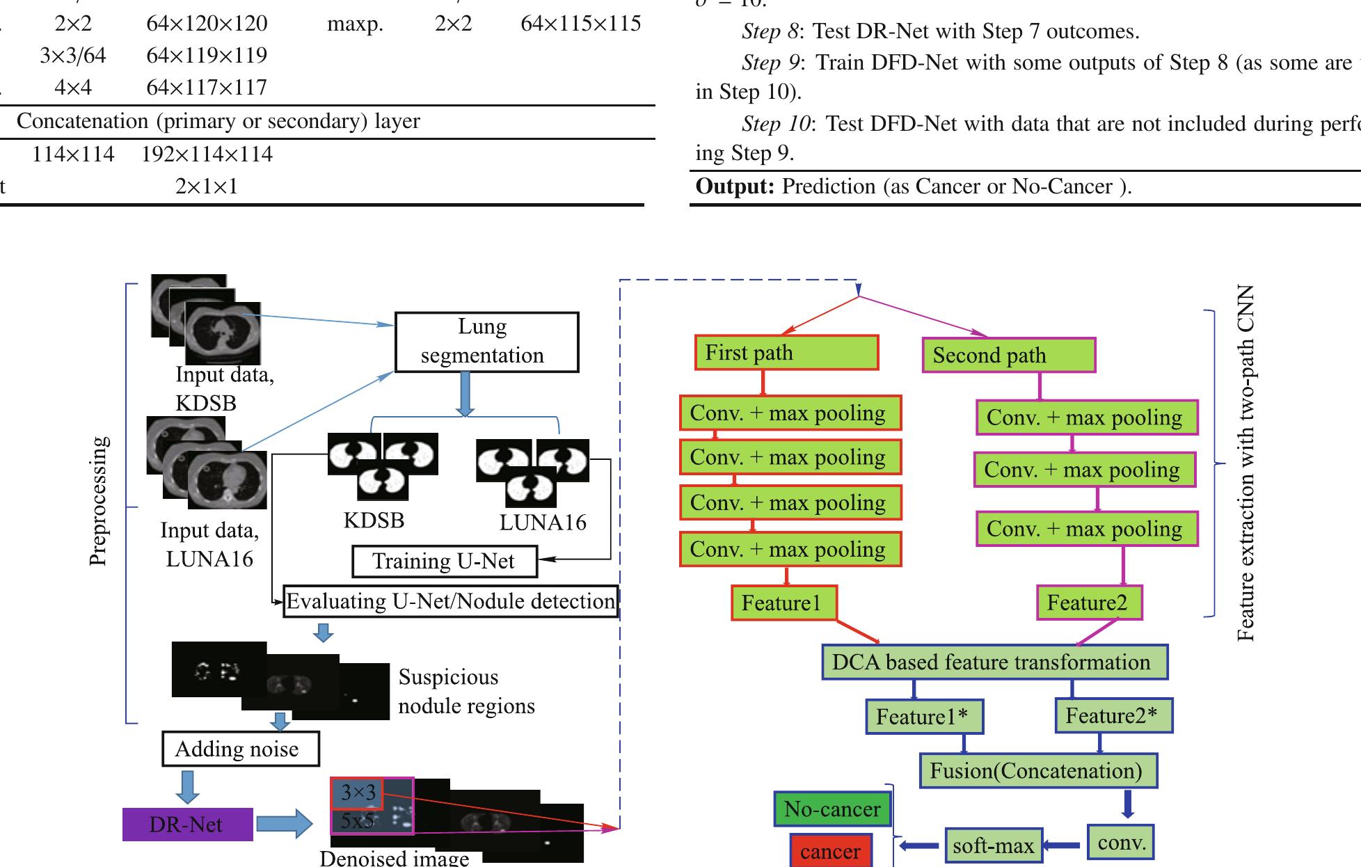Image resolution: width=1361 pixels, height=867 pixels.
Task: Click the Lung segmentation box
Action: pyautogui.click(x=486, y=342)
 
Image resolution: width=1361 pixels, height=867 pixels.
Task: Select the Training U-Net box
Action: pyautogui.click(x=445, y=562)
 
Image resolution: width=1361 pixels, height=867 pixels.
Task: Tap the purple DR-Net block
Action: pyautogui.click(x=187, y=825)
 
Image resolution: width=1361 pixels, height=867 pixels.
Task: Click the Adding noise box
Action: pyautogui.click(x=240, y=749)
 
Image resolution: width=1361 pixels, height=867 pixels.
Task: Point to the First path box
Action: pyautogui.click(x=786, y=353)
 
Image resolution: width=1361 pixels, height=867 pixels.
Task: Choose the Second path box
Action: pyautogui.click(x=1008, y=356)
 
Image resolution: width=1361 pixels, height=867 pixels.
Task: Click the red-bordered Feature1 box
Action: pyautogui.click(x=783, y=603)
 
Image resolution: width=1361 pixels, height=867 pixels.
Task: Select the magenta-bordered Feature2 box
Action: pyautogui.click(x=1089, y=603)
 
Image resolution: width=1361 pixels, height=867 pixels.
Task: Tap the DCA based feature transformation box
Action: pyautogui.click(x=994, y=662)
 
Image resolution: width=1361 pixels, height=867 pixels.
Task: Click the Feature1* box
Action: pyautogui.click(x=924, y=717)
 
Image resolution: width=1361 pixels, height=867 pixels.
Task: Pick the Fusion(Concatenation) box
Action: pyautogui.click(x=1037, y=771)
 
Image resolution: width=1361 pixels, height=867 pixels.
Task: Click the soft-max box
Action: pyautogui.click(x=993, y=846)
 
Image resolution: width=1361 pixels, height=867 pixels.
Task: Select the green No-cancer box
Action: pyautogui.click(x=832, y=809)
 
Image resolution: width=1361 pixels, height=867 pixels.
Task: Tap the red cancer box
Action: pyautogui.click(x=830, y=852)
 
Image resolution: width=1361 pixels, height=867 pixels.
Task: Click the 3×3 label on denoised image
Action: pyautogui.click(x=358, y=793)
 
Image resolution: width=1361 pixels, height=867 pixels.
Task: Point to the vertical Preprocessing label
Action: pyautogui.click(x=100, y=501)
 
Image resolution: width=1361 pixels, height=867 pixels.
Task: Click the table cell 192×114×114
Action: pyautogui.click(x=207, y=154)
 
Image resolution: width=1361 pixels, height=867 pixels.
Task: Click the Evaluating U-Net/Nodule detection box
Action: pyautogui.click(x=451, y=602)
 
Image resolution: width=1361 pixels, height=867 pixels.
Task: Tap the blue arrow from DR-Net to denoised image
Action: pyautogui.click(x=284, y=824)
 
